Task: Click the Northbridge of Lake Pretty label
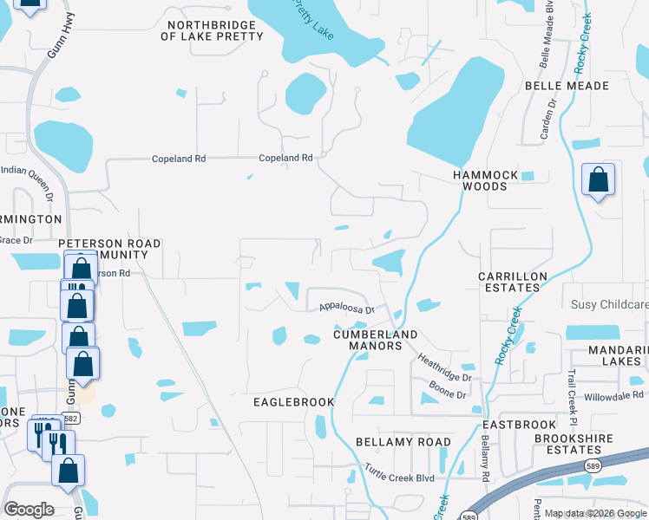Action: tap(213, 30)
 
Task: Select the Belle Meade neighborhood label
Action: tap(567, 86)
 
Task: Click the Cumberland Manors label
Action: tap(376, 340)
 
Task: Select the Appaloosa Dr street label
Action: tap(345, 308)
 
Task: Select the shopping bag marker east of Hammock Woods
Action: tap(598, 180)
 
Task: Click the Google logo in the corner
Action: tap(29, 509)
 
